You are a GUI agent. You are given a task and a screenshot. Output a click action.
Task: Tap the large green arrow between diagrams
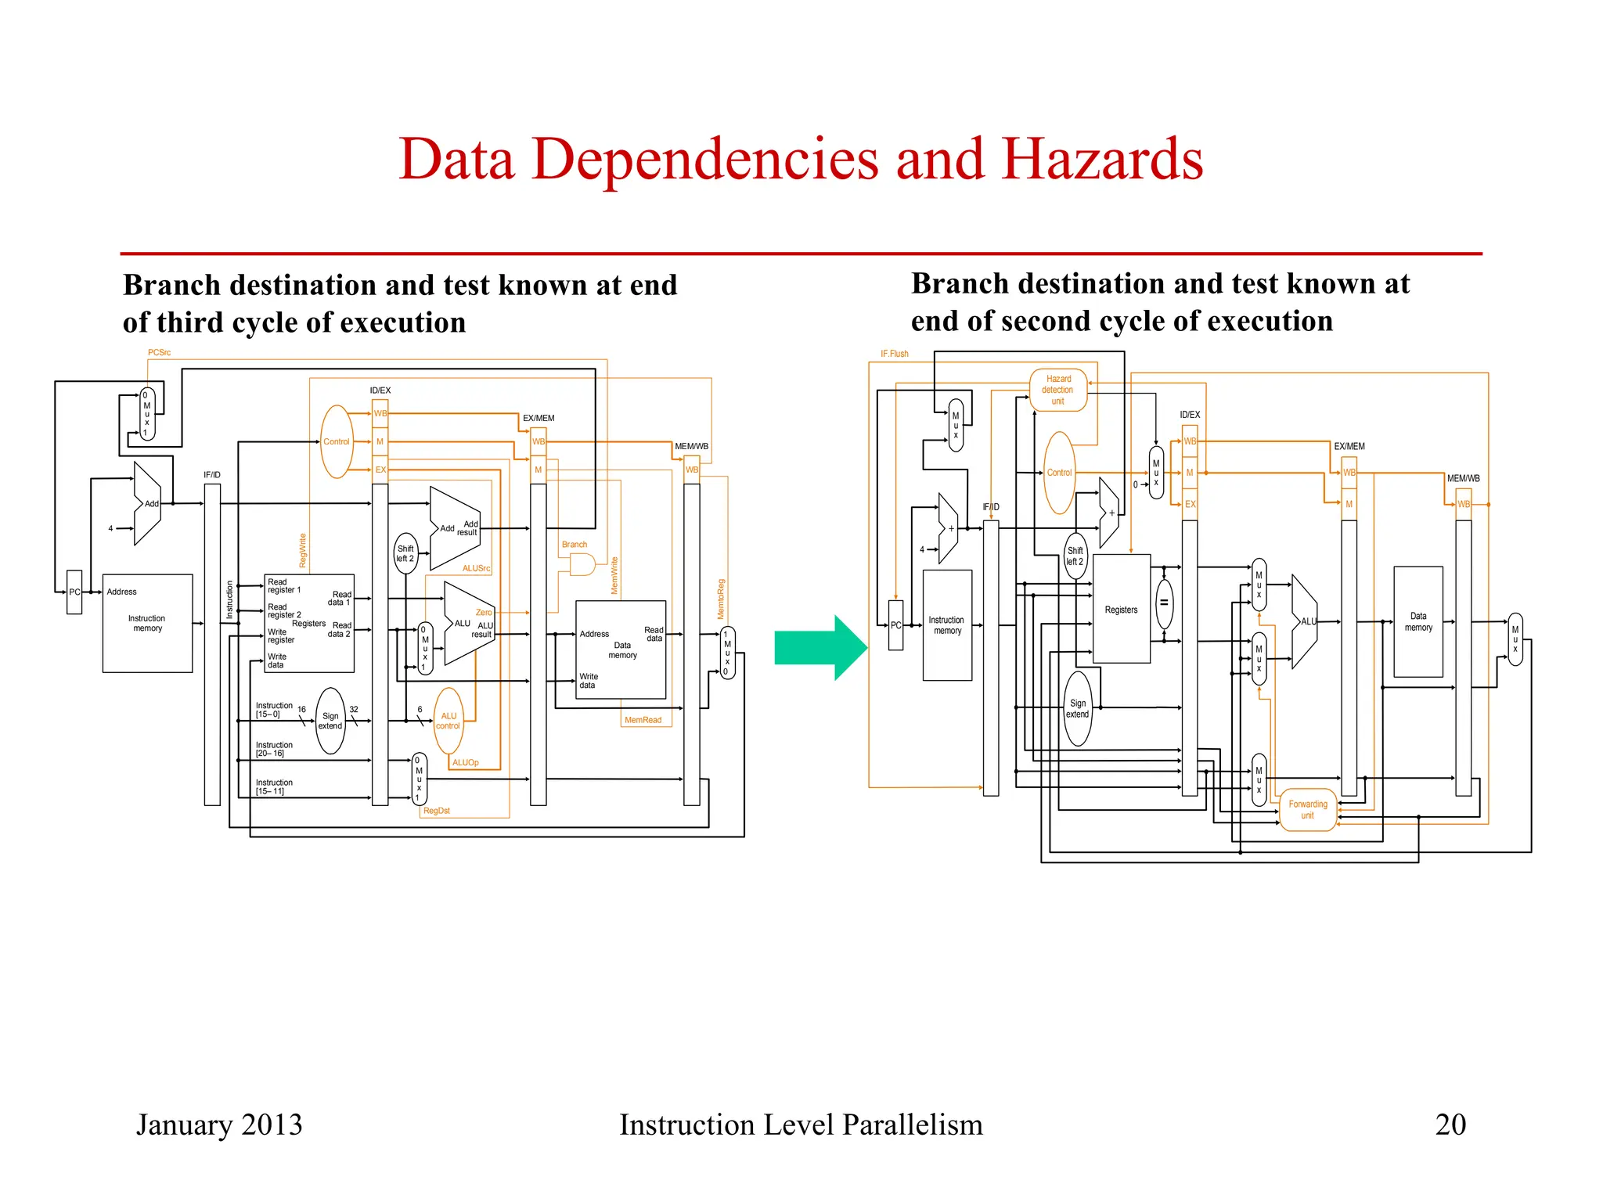819,648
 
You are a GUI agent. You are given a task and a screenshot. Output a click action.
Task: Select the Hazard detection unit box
1058,390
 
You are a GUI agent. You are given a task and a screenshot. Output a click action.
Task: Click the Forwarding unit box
1307,810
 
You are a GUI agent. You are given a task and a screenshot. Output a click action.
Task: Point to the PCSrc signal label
159,353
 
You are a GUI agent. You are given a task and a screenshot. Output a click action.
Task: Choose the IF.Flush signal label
894,354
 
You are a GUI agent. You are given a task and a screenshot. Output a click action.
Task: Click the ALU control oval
448,721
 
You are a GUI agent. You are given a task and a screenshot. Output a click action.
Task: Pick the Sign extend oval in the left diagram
330,721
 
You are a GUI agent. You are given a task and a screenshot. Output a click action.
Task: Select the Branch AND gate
582,564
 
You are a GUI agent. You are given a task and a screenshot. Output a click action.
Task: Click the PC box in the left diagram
74,592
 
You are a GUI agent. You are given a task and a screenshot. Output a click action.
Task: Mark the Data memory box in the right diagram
1417,622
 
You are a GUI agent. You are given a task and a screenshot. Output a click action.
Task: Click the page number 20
1450,1125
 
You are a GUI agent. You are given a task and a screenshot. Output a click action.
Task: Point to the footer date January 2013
219,1125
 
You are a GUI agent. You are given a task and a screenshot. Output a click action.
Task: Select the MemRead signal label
643,720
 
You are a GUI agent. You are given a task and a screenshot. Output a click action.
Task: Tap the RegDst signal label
436,811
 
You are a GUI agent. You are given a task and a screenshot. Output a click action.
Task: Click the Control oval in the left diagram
337,441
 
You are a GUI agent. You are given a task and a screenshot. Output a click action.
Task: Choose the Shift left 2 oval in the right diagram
1075,556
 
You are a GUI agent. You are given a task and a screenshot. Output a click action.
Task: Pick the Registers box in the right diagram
1121,610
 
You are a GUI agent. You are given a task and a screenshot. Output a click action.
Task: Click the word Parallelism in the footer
912,1125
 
